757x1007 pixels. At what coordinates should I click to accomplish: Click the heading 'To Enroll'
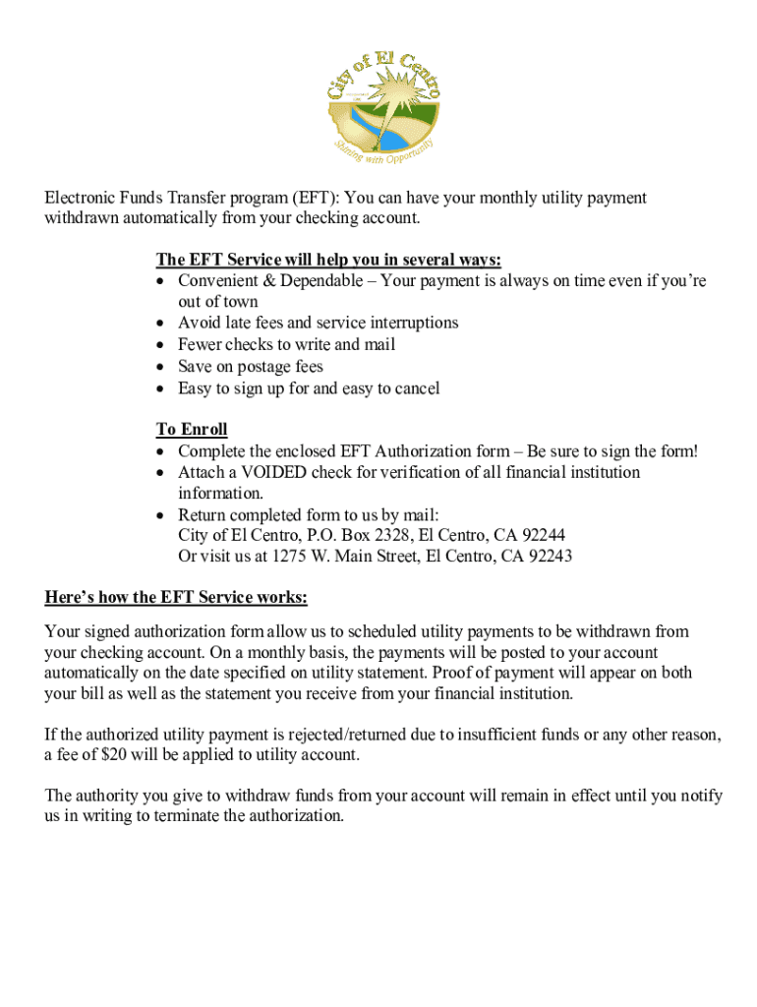click(x=192, y=430)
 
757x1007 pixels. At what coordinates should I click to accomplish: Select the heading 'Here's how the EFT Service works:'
click(x=176, y=598)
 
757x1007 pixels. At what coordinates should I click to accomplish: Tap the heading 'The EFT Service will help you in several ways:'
click(x=328, y=260)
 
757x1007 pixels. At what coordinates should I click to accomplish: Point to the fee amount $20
click(x=115, y=755)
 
